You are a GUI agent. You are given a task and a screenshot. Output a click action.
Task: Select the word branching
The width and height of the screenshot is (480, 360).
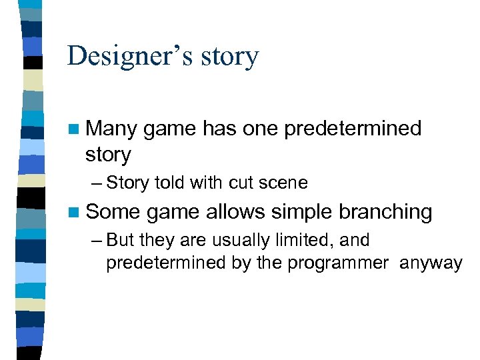385,212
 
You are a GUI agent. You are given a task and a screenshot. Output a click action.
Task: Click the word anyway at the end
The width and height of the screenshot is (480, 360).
431,263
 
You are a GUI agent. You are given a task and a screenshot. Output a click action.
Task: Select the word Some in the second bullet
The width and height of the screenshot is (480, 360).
113,212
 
